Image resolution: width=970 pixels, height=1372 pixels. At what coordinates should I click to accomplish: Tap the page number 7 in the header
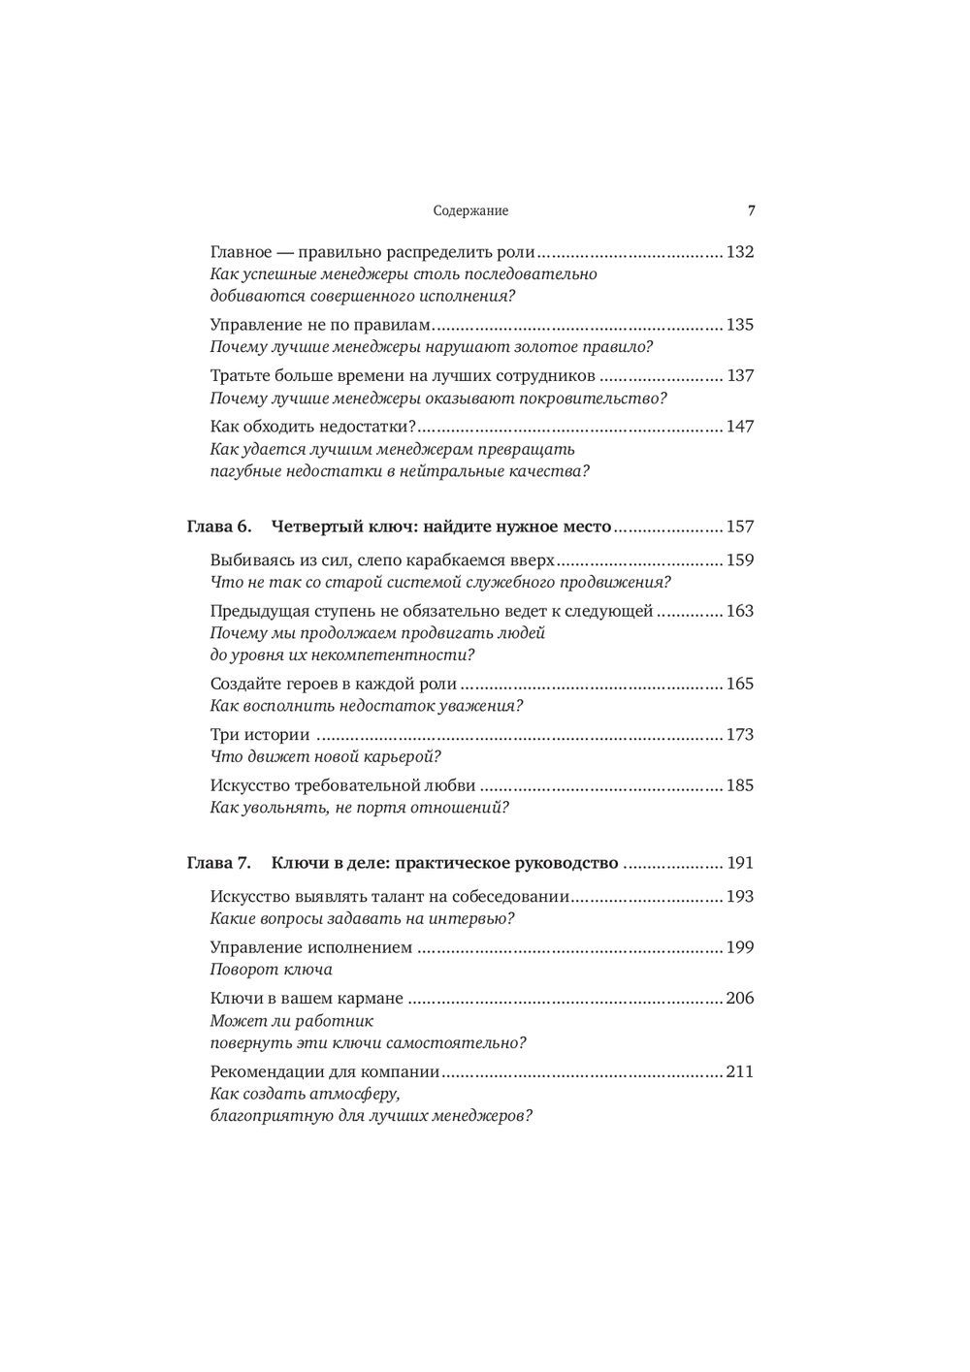[x=750, y=210]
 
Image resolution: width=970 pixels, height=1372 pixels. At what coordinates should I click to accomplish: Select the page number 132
[x=740, y=252]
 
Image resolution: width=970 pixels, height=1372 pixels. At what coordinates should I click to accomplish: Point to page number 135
[x=740, y=325]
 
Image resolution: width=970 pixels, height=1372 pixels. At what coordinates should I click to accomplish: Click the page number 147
[x=740, y=427]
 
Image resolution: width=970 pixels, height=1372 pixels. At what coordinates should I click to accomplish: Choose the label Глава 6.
[x=218, y=527]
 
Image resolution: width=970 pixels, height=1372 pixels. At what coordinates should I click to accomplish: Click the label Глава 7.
[x=218, y=863]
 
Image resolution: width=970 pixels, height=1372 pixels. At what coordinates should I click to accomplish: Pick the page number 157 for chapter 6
[x=740, y=527]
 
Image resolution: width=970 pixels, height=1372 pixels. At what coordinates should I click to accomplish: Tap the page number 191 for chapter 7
[x=740, y=863]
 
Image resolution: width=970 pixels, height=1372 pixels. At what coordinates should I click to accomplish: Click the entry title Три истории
[x=260, y=735]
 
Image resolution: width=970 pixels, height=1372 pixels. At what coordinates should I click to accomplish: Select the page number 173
[x=740, y=735]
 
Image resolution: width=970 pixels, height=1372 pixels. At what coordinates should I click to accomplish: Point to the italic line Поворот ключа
[x=272, y=970]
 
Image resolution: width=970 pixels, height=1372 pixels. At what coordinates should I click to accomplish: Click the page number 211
[x=740, y=1072]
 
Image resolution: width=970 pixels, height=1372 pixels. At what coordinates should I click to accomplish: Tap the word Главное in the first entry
[x=241, y=252]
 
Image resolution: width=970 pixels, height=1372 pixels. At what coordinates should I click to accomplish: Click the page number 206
[x=740, y=999]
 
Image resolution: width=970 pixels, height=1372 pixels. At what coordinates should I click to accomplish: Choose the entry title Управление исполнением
[x=311, y=948]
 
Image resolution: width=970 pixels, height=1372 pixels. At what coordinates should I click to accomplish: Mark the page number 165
[x=740, y=684]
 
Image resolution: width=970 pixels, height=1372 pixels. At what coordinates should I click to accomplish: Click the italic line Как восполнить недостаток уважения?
[x=367, y=706]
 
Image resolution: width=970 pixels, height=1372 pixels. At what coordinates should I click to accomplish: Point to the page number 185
[x=740, y=785]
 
